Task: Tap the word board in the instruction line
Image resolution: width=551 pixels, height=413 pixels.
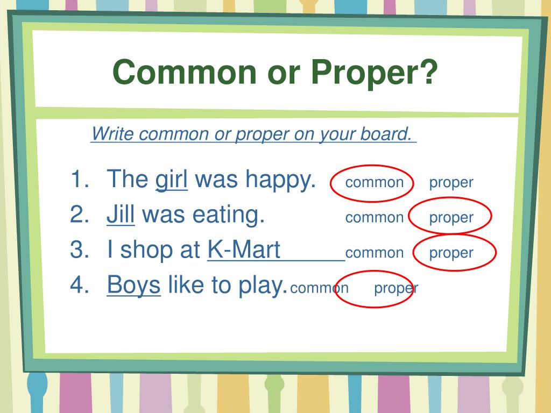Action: (386, 134)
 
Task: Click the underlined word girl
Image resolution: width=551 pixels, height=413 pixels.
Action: (171, 180)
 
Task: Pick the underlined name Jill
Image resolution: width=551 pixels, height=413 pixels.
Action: (121, 215)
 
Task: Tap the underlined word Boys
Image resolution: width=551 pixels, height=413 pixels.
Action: (133, 285)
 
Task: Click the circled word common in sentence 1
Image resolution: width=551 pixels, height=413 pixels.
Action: (374, 182)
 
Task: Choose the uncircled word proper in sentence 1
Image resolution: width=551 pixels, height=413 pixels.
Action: (451, 182)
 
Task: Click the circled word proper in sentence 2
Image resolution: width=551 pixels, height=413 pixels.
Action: (451, 218)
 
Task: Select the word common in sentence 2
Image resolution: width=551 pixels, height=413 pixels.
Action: (374, 218)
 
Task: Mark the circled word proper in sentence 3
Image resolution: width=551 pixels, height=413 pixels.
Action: (451, 253)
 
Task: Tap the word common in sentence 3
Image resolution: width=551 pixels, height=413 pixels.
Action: (374, 253)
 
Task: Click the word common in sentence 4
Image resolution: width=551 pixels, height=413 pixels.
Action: (319, 288)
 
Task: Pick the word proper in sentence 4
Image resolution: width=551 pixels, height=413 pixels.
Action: (396, 288)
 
